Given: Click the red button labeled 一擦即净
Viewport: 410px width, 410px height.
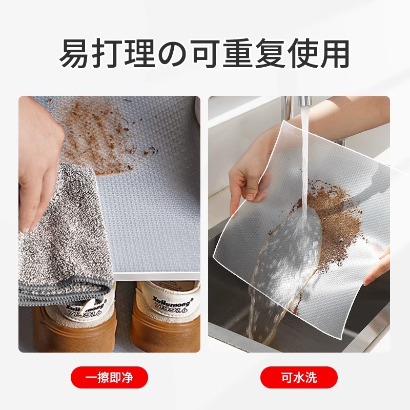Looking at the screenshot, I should coord(109,378).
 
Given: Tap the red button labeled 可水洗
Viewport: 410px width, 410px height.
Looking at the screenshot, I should coord(299,378).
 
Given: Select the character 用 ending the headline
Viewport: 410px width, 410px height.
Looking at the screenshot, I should coord(333,53).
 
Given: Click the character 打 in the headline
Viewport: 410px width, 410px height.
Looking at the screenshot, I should coord(108,53).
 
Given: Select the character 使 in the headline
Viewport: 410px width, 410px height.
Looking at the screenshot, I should coord(302,53).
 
